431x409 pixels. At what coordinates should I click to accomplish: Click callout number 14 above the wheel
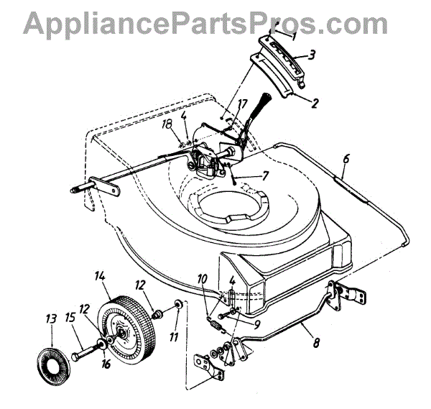pos(99,275)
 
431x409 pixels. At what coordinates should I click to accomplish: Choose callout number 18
pos(168,124)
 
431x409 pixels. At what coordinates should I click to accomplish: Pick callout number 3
pos(312,54)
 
